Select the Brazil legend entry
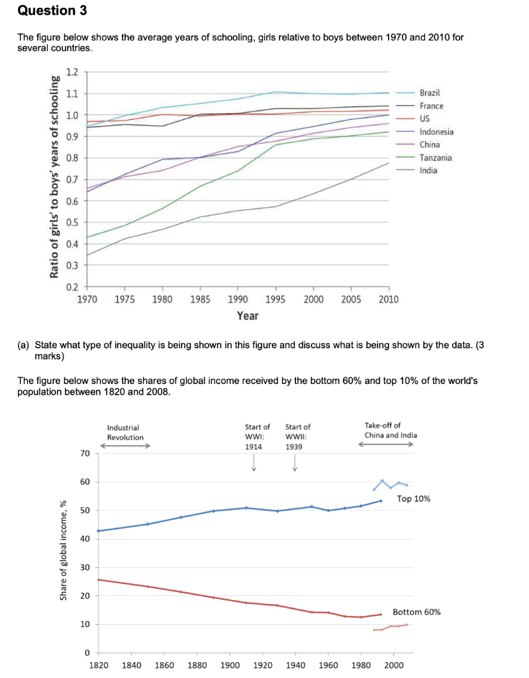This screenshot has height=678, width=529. (430, 93)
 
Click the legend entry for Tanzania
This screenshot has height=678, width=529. (436, 158)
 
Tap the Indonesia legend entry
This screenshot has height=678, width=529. (436, 132)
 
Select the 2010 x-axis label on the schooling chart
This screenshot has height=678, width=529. (389, 299)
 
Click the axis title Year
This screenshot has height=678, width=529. (247, 316)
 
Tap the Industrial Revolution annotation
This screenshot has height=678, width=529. (124, 433)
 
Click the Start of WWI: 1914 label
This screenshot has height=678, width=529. (257, 436)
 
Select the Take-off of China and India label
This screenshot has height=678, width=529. (391, 430)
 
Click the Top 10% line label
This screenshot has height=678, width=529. (414, 499)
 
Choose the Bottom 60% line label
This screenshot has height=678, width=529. (416, 612)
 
